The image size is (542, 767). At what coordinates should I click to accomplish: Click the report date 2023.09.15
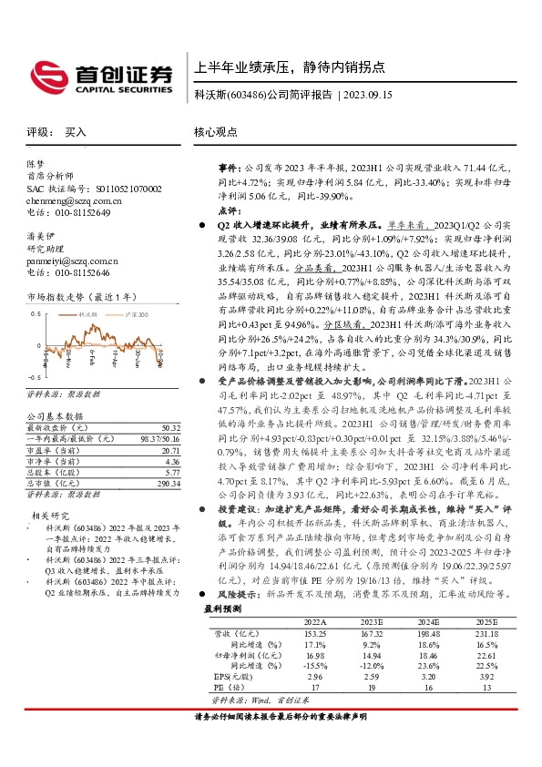(372, 95)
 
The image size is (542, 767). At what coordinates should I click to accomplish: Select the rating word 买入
(76, 132)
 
